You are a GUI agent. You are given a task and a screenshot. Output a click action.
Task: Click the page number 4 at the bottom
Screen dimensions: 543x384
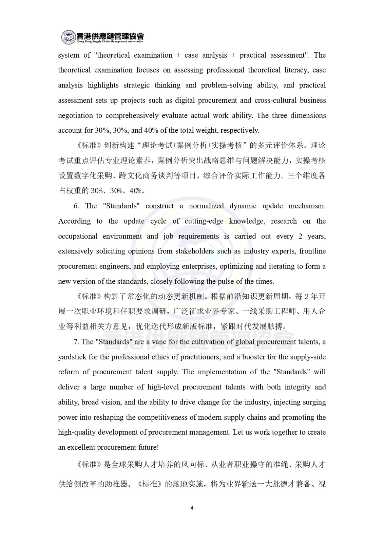[x=192, y=508]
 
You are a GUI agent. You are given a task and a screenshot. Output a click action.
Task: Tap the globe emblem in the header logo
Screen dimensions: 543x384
[x=68, y=37]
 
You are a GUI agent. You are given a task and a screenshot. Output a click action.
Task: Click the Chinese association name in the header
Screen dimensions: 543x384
[x=110, y=35]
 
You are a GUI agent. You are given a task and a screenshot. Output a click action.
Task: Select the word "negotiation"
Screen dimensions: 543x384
[x=75, y=115]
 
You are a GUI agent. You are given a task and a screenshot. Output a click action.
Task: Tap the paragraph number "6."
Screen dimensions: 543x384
[x=76, y=206]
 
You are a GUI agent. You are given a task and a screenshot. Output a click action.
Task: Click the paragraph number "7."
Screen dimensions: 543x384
[x=76, y=342]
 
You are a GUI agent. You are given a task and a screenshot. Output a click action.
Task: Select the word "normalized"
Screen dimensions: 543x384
[x=206, y=206]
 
